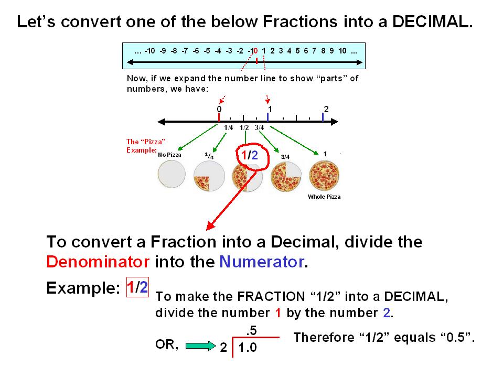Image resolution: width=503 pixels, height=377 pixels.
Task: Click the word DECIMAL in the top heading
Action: point(432,22)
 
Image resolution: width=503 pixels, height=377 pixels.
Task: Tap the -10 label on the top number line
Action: point(149,51)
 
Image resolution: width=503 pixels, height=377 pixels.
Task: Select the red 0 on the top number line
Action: point(255,51)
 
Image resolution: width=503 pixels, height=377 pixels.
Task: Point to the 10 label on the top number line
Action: point(343,51)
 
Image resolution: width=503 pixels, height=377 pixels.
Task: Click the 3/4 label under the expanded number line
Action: point(259,127)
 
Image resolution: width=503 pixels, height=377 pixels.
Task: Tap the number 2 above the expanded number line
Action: point(326,109)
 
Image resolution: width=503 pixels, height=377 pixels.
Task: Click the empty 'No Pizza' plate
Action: point(172,174)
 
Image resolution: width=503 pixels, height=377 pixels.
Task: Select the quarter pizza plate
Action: point(209,176)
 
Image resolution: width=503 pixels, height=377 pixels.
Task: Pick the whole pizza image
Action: point(324,176)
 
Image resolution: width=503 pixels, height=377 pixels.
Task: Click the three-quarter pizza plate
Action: point(286,177)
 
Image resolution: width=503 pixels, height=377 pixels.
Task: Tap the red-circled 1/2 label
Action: point(249,156)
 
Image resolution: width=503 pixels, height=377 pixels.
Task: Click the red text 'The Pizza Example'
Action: point(146,146)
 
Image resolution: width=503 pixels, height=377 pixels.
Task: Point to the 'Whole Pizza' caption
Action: point(324,197)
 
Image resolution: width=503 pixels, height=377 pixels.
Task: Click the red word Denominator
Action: point(98,262)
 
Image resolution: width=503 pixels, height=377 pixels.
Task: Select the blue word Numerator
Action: point(261,262)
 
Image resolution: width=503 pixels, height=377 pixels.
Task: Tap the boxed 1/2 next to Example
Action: point(137,287)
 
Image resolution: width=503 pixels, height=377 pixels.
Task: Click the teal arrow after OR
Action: point(201,346)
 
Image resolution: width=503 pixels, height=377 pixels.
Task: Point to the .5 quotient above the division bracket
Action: point(252,330)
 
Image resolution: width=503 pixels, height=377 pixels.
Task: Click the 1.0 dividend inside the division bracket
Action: point(248,348)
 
